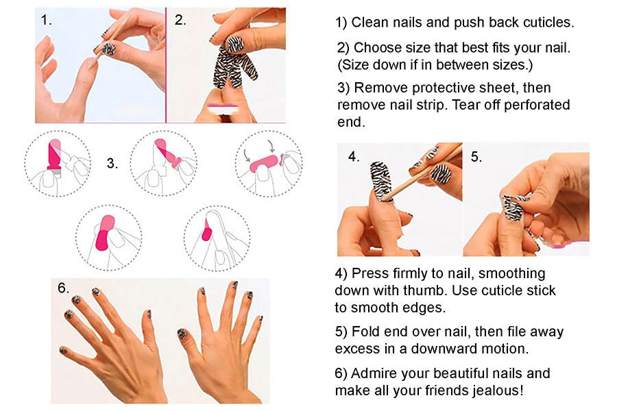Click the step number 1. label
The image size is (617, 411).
(x=47, y=20)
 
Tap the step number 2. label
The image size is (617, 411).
(x=180, y=20)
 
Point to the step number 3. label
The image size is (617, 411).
(x=112, y=163)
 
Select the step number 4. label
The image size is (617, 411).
(x=354, y=157)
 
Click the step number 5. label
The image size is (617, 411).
(x=476, y=157)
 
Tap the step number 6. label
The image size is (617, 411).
(x=63, y=288)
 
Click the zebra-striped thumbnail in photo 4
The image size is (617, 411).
(x=381, y=180)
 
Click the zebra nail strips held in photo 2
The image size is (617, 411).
(x=233, y=62)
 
